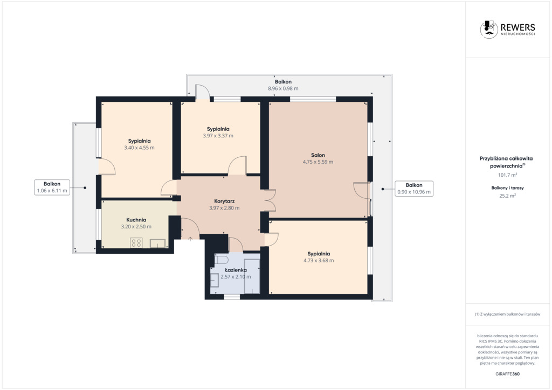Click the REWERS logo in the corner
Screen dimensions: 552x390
click(x=507, y=29)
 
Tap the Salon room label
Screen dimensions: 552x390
click(x=318, y=155)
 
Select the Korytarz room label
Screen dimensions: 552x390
click(x=224, y=201)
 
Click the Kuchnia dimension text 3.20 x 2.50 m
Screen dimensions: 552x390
click(x=136, y=227)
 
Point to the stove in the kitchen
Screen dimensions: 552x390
click(x=136, y=242)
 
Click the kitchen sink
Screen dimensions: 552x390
click(x=157, y=243)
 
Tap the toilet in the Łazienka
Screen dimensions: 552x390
click(x=222, y=260)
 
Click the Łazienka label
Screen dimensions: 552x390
click(x=236, y=270)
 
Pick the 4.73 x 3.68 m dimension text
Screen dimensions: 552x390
click(x=319, y=261)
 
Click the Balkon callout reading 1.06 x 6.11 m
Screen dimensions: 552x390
click(x=52, y=187)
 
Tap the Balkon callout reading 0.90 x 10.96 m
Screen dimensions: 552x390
click(x=414, y=189)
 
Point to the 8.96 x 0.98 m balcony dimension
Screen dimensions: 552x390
click(x=283, y=89)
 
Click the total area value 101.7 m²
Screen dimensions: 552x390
click(x=507, y=175)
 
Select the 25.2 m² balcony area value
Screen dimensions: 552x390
click(x=507, y=196)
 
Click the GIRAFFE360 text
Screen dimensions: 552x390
click(x=507, y=374)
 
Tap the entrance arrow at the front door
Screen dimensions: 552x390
click(x=190, y=239)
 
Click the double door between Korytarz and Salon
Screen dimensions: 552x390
click(x=270, y=200)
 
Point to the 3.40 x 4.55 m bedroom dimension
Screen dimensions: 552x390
click(x=139, y=148)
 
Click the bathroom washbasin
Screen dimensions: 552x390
click(x=215, y=280)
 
